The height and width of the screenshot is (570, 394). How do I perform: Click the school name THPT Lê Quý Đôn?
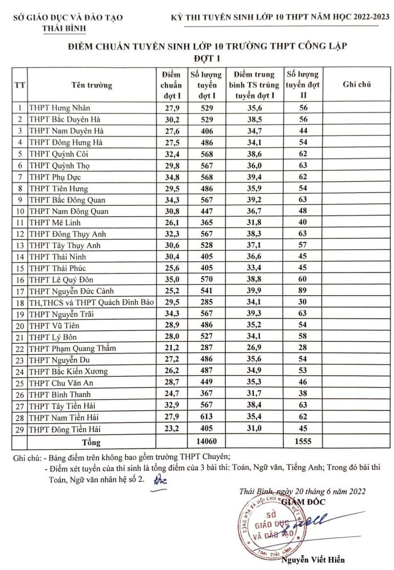(x=61, y=279)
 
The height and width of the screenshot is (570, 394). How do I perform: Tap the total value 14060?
(x=206, y=442)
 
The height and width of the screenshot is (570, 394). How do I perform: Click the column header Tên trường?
(x=92, y=85)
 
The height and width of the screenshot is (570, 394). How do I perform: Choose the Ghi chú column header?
(x=357, y=85)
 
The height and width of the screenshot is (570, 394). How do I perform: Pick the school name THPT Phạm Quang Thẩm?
(x=72, y=348)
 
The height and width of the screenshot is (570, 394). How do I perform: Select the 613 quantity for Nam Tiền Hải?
(x=206, y=417)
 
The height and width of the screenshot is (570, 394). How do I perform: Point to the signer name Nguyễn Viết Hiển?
(x=313, y=560)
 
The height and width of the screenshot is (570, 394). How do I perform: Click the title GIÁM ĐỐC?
(x=303, y=502)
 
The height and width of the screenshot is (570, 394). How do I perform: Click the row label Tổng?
(x=91, y=442)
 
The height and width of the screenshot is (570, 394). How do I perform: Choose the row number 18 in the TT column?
(x=20, y=303)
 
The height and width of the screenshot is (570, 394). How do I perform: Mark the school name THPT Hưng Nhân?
(x=59, y=108)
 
